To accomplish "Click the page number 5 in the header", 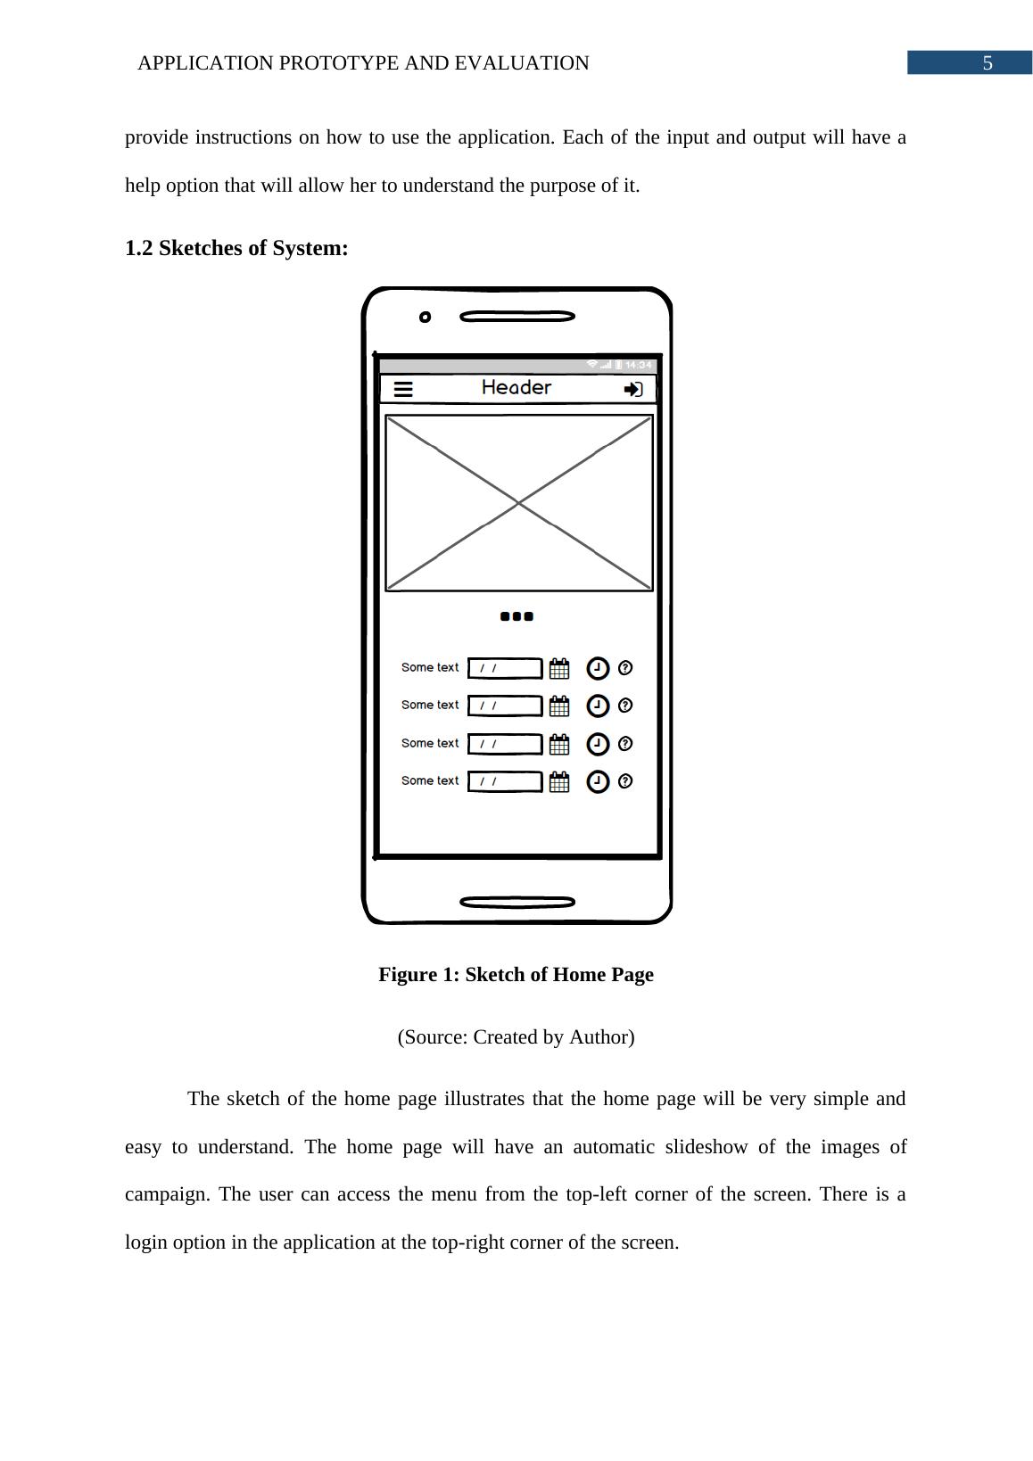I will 987,63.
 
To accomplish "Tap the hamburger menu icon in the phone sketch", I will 403,389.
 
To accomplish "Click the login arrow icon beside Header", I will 633,389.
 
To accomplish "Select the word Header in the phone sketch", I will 516,387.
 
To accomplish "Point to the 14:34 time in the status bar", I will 638,365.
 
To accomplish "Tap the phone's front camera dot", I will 426,317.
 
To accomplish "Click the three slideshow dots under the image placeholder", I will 517,616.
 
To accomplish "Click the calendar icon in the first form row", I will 559,668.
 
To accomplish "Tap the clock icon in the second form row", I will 598,706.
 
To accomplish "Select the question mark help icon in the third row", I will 625,743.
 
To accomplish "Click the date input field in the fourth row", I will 505,781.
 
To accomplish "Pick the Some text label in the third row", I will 430,743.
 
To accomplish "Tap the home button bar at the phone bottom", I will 517,903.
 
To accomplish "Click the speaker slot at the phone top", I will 517,317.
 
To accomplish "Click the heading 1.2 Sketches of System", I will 236,248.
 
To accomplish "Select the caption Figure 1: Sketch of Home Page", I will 516,974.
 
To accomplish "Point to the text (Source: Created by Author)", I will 516,1036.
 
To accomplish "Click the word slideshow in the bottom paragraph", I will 705,1146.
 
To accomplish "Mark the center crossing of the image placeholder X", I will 519,504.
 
